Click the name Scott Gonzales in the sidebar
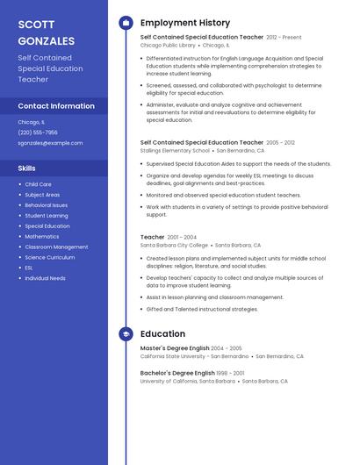point(47,32)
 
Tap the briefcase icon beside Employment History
point(126,23)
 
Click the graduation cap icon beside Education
point(126,334)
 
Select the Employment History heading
point(185,23)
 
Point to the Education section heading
point(162,334)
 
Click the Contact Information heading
point(56,106)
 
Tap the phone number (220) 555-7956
point(38,132)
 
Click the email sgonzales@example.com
point(50,143)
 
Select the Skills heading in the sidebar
point(27,168)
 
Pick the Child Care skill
point(38,184)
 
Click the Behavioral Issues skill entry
point(46,205)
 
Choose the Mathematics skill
point(42,237)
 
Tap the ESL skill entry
point(29,268)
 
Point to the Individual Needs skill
point(45,278)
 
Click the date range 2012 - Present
point(284,38)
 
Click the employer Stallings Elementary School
point(175,150)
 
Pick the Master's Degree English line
point(175,348)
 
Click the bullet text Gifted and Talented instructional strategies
point(202,309)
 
